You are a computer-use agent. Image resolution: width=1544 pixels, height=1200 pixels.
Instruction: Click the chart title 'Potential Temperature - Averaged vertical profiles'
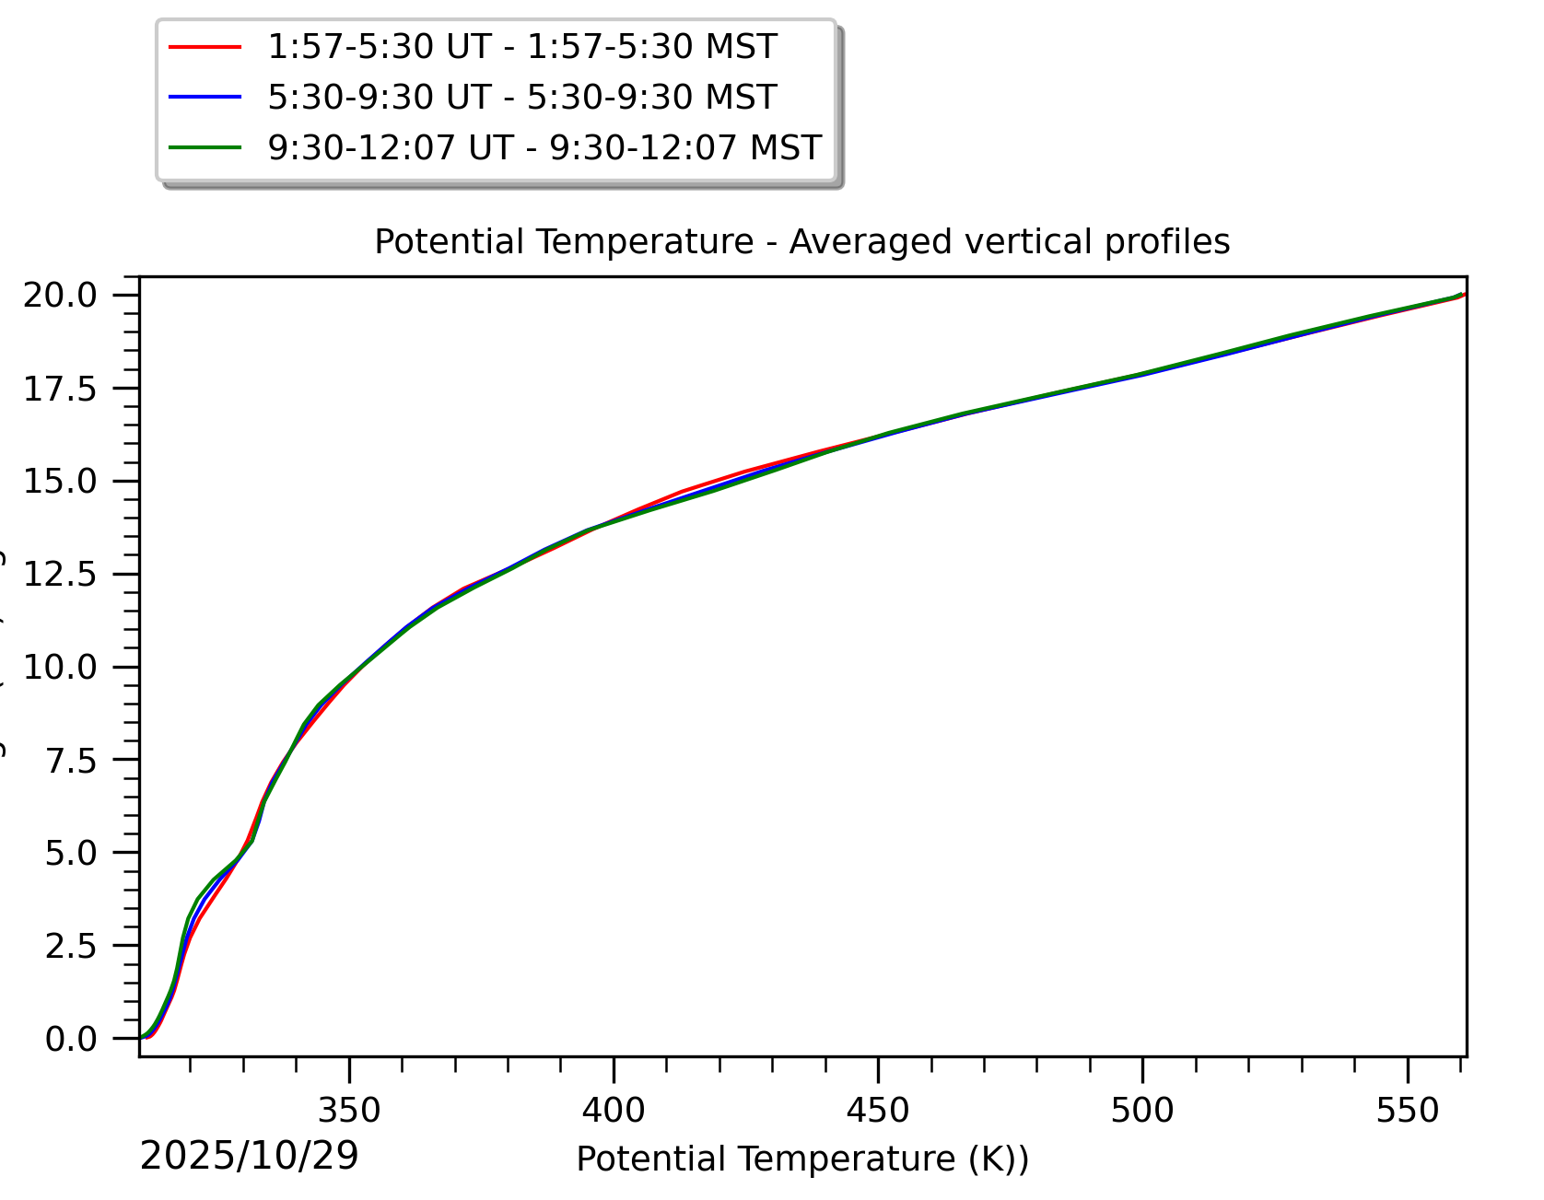pos(801,242)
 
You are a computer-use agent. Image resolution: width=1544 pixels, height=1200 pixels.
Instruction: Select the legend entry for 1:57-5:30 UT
pos(521,47)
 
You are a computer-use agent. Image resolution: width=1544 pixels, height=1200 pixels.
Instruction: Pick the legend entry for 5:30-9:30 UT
pos(521,98)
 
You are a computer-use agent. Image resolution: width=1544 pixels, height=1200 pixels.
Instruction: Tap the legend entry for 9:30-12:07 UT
pos(544,147)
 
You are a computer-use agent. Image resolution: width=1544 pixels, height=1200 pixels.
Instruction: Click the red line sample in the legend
pos(205,47)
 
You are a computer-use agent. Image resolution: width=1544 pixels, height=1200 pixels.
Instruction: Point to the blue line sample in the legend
pos(205,98)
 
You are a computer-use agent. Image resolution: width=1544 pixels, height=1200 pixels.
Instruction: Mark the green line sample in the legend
pos(205,147)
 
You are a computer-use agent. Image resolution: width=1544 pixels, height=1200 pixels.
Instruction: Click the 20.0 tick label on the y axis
pos(60,296)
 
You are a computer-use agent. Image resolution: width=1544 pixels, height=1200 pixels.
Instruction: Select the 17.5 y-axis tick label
pos(60,390)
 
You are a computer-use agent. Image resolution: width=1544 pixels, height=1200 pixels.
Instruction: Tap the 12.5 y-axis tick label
pos(60,575)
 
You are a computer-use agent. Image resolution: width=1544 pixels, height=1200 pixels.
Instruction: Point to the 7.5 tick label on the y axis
pos(71,762)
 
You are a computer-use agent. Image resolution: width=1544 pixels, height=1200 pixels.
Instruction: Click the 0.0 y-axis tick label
pos(71,1040)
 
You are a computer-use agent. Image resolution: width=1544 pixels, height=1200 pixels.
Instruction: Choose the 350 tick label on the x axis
pos(349,1111)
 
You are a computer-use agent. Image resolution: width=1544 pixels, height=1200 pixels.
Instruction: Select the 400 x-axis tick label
pos(614,1111)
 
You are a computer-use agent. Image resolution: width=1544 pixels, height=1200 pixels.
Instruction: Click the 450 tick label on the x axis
pos(878,1111)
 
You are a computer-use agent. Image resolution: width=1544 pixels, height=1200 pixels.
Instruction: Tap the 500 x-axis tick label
pos(1142,1111)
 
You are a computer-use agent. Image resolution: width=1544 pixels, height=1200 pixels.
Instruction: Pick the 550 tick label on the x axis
pos(1407,1111)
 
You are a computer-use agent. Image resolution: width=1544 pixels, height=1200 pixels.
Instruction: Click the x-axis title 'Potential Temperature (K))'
pos(802,1159)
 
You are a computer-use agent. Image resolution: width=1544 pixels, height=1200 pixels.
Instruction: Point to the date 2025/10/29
pos(249,1157)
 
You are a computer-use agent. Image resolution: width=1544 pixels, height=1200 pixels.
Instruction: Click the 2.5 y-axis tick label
pos(71,947)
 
